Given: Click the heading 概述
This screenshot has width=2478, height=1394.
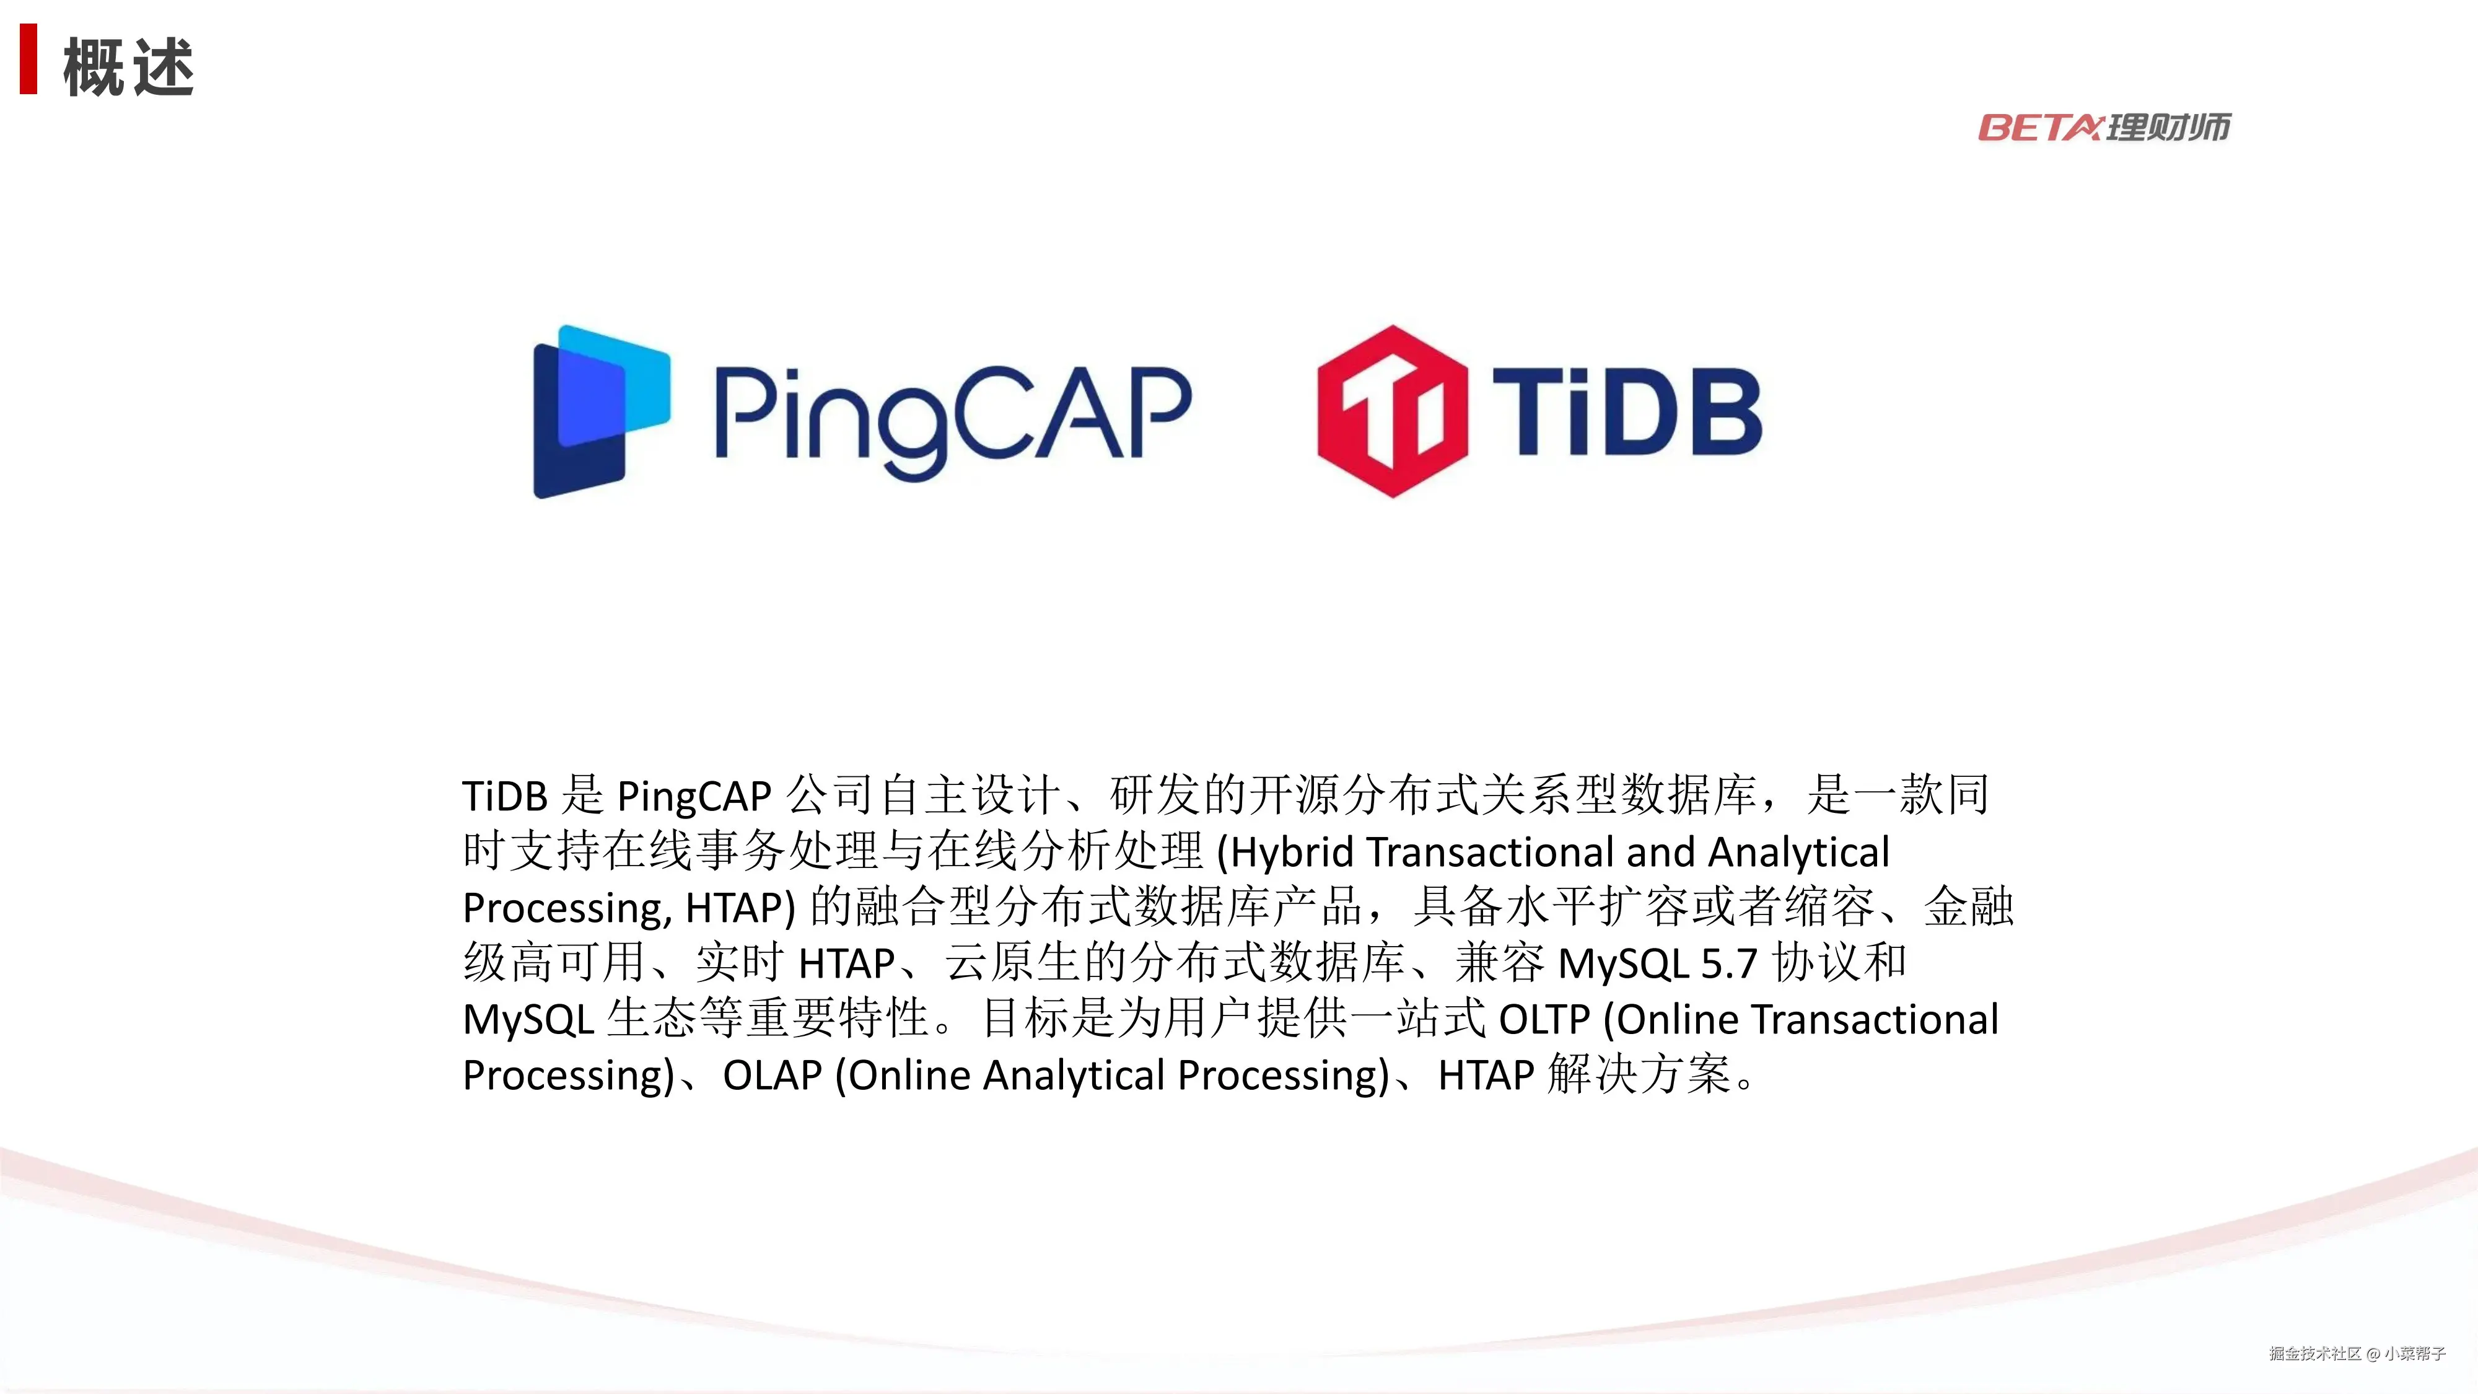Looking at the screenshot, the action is tap(128, 68).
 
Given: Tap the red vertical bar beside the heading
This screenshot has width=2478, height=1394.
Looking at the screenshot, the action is tap(29, 59).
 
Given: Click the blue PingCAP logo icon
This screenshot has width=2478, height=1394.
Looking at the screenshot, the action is tap(601, 412).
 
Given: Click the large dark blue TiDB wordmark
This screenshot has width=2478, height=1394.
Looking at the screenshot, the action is tap(1627, 412).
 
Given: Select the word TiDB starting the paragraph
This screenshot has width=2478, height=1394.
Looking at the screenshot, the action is tap(505, 797).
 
